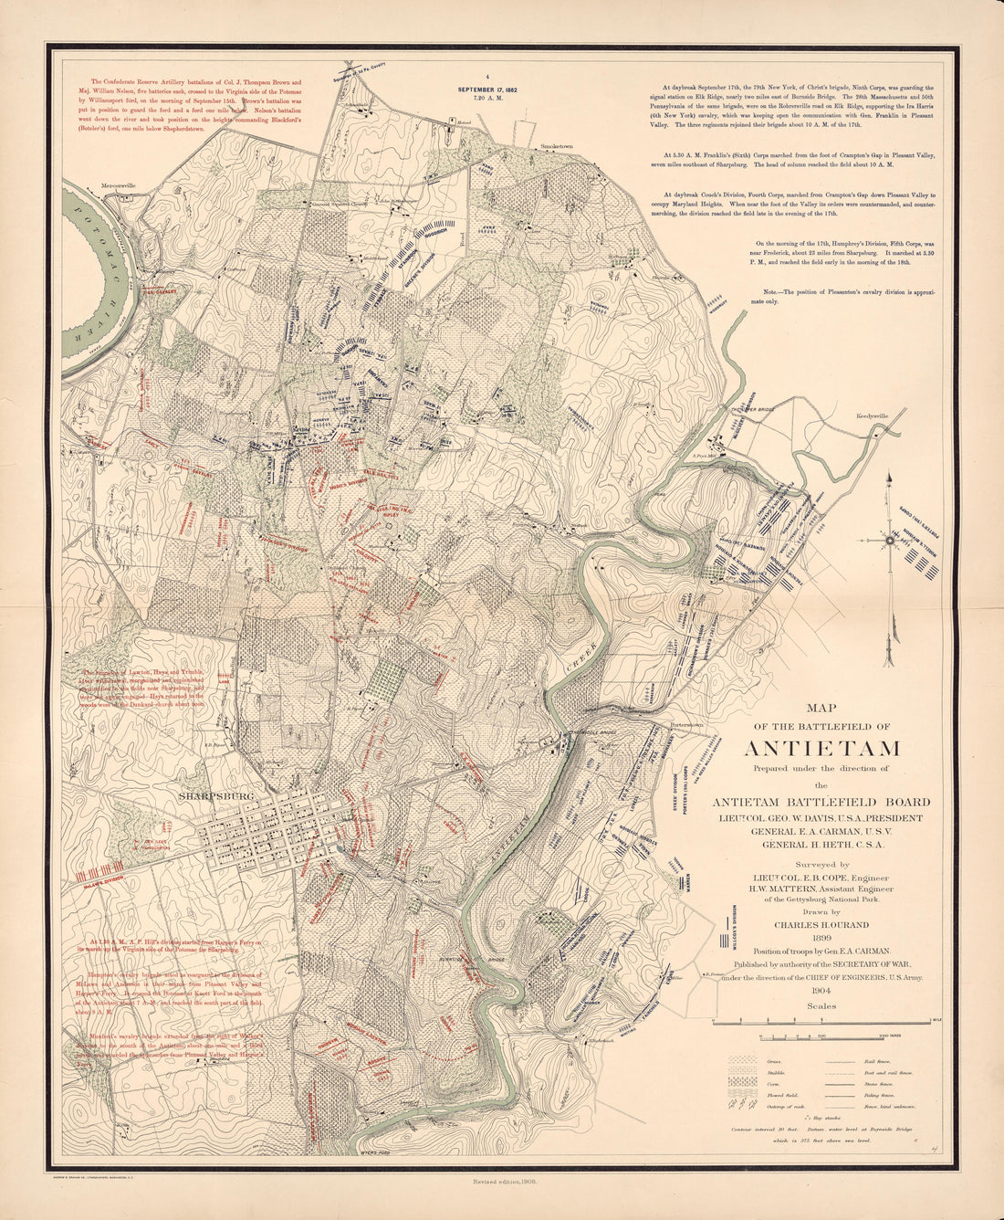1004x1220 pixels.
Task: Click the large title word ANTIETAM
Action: pyautogui.click(x=821, y=749)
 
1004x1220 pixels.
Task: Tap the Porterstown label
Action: pyautogui.click(x=685, y=726)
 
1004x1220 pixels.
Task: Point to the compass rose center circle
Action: pyautogui.click(x=889, y=540)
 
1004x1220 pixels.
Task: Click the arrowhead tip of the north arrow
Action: pyautogui.click(x=887, y=474)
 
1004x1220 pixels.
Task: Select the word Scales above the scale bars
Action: pyautogui.click(x=821, y=1006)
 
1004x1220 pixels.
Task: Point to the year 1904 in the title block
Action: pyautogui.click(x=821, y=990)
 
